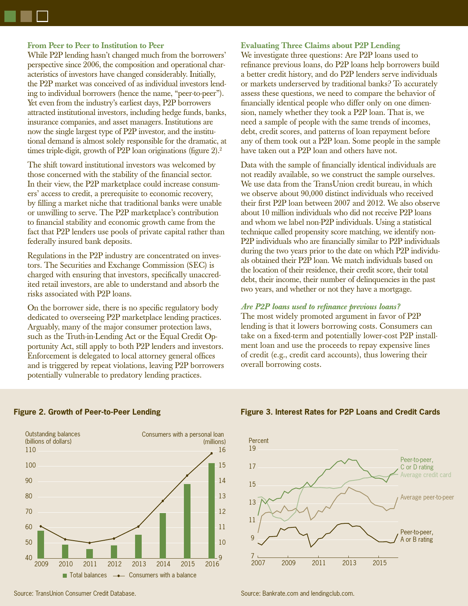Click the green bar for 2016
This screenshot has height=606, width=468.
[x=211, y=511]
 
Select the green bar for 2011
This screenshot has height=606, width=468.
[x=90, y=553]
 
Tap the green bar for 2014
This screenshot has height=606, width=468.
[x=163, y=535]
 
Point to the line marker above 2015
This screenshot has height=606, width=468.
[x=187, y=476]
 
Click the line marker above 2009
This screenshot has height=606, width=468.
[x=41, y=526]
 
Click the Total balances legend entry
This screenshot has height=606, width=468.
[x=85, y=575]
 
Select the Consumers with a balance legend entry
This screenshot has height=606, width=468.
[x=162, y=575]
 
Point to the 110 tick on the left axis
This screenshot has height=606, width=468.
[x=30, y=450]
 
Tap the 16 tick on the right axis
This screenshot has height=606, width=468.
[x=222, y=450]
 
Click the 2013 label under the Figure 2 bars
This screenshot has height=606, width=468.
[x=139, y=564]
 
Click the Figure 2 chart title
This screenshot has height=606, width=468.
[x=87, y=412]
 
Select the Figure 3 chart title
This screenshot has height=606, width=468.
[x=340, y=412]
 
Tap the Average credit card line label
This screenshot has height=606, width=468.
[x=425, y=475]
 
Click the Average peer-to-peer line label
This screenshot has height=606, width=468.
[x=427, y=497]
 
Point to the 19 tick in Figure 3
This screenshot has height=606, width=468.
[x=252, y=448]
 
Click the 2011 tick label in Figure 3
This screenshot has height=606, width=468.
[x=319, y=563]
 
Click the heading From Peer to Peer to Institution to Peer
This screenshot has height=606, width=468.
[x=96, y=46]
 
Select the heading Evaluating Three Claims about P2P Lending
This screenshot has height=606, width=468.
[x=320, y=46]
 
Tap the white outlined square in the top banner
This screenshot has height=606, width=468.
[x=43, y=17]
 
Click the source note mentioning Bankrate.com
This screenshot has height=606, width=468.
[x=297, y=593]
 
